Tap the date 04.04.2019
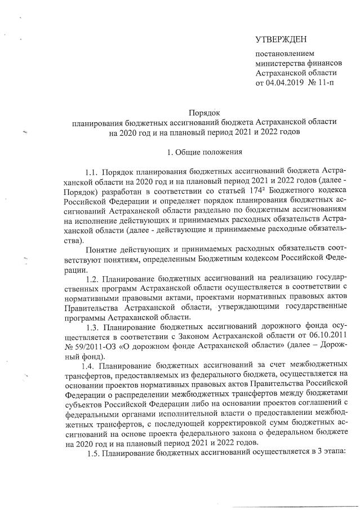286,83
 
